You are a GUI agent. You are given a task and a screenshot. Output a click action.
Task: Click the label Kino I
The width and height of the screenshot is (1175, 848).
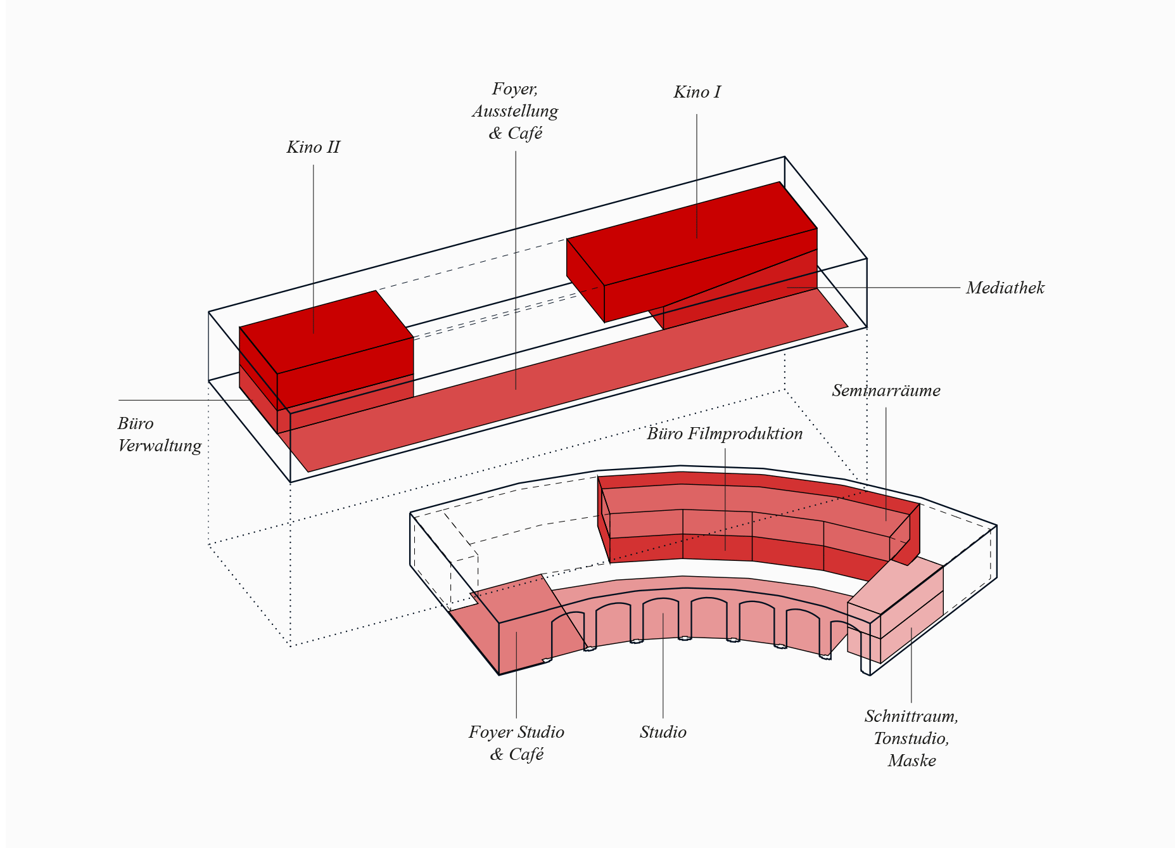697,93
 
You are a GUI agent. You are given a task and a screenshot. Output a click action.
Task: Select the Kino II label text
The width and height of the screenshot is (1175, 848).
313,148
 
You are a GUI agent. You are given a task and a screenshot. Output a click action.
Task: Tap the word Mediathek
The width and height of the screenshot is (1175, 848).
1005,288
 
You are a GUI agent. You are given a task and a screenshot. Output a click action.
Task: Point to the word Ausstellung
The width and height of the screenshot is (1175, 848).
515,112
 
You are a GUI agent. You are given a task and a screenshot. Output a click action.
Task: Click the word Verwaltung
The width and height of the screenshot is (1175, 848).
160,446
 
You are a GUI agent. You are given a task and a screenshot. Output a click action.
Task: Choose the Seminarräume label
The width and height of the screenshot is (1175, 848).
886,391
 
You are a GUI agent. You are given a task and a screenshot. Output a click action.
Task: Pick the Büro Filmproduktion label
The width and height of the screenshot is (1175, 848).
725,434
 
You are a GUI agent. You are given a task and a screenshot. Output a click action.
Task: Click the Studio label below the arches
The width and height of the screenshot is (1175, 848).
663,733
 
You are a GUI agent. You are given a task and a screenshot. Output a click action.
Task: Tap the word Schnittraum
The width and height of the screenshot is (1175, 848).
911,717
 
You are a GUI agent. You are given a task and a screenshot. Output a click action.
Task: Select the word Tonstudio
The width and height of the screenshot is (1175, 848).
911,739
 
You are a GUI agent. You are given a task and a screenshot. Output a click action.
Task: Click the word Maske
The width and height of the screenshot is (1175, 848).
911,761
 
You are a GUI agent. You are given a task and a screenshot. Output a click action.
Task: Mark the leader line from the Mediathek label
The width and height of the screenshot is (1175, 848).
887,288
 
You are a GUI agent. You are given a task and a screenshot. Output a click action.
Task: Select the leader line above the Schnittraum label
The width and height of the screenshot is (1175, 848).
911,665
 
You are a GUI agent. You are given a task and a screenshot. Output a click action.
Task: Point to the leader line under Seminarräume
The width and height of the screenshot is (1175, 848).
886,456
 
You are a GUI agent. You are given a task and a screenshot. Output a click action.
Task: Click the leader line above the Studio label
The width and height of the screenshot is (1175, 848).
663,665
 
